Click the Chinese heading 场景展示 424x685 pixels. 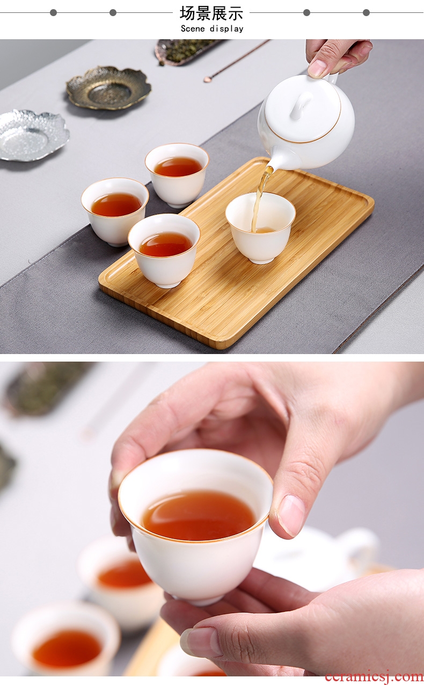point(211,13)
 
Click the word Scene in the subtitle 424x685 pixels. point(193,29)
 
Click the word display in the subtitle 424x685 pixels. point(226,29)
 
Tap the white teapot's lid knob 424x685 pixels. point(302,106)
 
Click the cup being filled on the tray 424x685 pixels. point(260,227)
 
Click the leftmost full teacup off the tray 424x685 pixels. point(115,212)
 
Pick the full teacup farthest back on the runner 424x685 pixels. point(177,175)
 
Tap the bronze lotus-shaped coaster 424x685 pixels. point(109,88)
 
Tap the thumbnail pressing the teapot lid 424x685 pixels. point(318,67)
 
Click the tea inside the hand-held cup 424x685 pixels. point(199,515)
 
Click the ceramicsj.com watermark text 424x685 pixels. point(374,676)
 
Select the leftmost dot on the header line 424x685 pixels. point(54,12)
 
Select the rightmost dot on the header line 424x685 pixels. point(366,12)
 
